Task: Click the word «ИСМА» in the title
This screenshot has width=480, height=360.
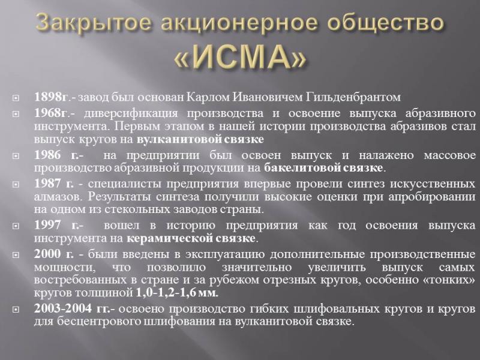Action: (241, 58)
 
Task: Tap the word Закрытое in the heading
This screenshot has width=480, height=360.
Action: (93, 23)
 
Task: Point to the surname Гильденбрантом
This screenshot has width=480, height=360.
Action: (353, 97)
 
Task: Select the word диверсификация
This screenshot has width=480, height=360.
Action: (131, 113)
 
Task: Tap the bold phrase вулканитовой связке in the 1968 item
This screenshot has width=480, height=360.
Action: (200, 139)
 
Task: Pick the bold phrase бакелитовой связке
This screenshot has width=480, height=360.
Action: (323, 168)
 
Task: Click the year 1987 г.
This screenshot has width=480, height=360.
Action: (54, 184)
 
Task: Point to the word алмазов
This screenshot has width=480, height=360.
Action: (58, 197)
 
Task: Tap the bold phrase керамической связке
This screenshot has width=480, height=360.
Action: (191, 238)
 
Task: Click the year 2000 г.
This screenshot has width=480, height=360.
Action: (54, 254)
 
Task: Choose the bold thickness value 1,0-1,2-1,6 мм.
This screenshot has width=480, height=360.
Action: (176, 293)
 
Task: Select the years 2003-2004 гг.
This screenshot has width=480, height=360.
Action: (72, 308)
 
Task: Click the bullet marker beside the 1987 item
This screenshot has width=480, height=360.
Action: (16, 184)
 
